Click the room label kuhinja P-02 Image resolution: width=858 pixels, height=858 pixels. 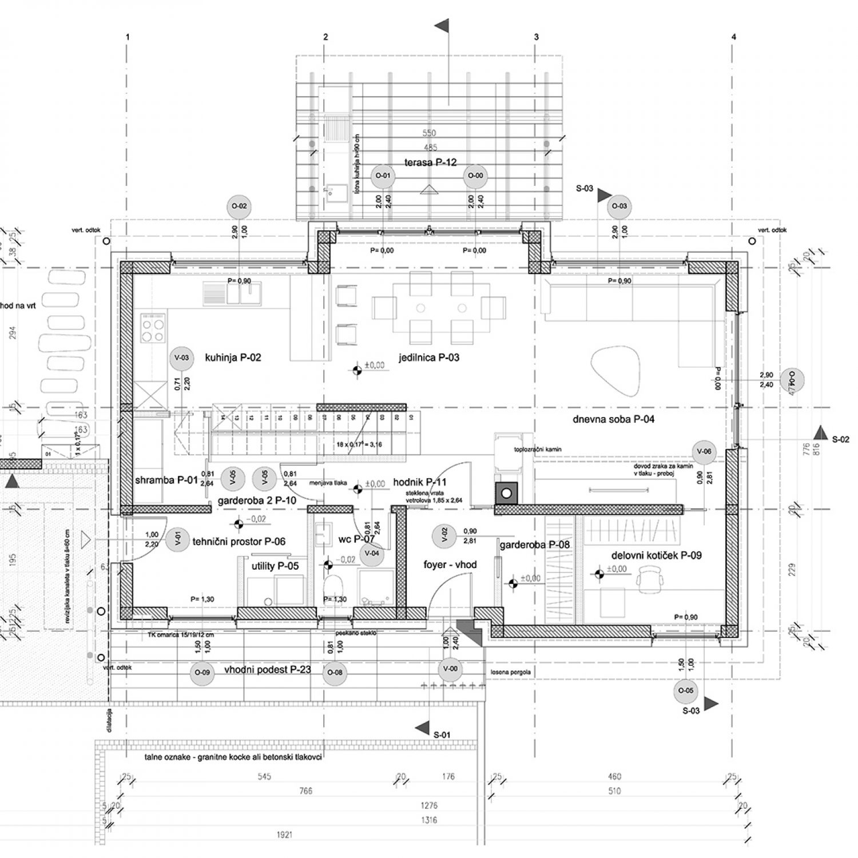coord(233,358)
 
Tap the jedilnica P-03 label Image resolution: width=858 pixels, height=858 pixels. coord(429,358)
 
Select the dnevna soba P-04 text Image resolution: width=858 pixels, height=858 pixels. coord(605,419)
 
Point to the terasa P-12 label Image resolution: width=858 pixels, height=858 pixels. coord(430,162)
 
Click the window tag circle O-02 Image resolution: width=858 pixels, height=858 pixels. coord(240,206)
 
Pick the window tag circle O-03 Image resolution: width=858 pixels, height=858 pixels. coord(619,206)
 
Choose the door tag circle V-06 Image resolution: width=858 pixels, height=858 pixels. coord(704,451)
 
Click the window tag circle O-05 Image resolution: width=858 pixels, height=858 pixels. coord(686,690)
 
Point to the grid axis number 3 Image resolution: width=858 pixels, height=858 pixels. coord(536,37)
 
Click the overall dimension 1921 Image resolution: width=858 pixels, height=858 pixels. coord(284,835)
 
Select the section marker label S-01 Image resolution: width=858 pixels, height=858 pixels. coord(442,734)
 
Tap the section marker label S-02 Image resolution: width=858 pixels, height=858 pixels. coord(841,439)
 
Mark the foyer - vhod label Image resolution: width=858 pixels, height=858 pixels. coord(450,565)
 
